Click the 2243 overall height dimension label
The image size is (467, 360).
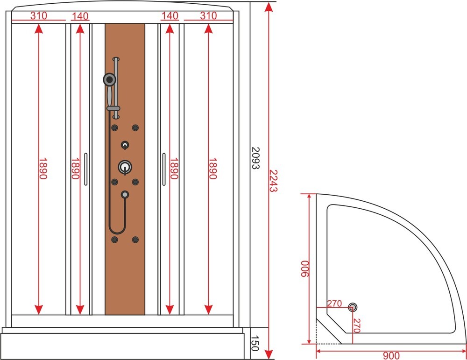coord(273,181)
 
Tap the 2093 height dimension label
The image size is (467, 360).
coord(255,158)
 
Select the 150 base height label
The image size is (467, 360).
coord(255,343)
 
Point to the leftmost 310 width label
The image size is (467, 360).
coord(39,15)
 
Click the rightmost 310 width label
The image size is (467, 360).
coord(208,15)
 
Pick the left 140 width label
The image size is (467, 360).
coord(80,16)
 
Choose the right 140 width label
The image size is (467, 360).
coord(170,15)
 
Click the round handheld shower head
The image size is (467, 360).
coord(110,79)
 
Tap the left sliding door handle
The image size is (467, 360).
coord(86,169)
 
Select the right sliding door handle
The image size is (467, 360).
coord(164,169)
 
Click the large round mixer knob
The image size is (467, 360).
coord(125,167)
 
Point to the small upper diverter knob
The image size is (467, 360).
coord(125,145)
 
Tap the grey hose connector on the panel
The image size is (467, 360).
coord(125,194)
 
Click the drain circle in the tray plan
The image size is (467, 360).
coord(353,307)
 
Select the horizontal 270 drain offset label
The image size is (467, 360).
coord(334,304)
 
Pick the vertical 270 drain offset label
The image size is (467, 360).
coord(357,326)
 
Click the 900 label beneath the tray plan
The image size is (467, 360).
coord(391,355)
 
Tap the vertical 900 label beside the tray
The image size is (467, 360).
coord(304,268)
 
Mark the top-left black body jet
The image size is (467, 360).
coord(114,128)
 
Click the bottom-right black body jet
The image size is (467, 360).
coord(135,240)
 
